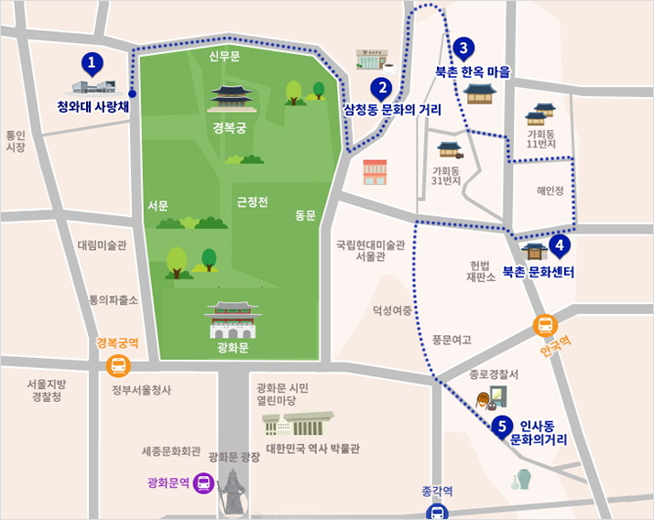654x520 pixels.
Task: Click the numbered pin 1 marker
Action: click(x=92, y=63)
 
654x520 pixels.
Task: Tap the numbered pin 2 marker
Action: click(x=381, y=89)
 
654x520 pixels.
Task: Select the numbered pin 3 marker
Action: click(x=463, y=48)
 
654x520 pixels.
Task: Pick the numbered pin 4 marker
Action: click(x=559, y=245)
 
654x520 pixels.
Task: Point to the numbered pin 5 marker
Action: click(x=501, y=426)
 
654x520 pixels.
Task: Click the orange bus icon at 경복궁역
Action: click(x=118, y=366)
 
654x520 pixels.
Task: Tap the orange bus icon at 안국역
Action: click(x=545, y=326)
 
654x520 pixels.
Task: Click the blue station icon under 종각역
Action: click(x=439, y=511)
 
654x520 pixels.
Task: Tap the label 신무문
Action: click(x=223, y=57)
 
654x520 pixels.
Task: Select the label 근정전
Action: click(x=252, y=201)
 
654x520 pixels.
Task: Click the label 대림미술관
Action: click(x=102, y=245)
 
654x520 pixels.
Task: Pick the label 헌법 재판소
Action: click(x=480, y=270)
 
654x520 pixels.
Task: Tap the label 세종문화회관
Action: click(x=170, y=450)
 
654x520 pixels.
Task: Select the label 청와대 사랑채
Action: click(x=93, y=106)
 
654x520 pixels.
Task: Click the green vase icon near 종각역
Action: click(x=523, y=479)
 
